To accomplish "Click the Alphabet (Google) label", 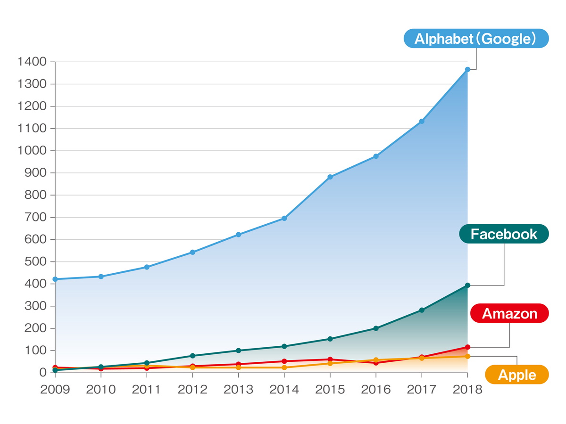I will point(476,39).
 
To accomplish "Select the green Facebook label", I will point(504,234).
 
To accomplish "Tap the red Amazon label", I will point(509,313).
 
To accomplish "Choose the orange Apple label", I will point(517,375).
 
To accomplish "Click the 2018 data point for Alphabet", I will point(467,70).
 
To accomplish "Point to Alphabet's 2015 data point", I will point(330,177).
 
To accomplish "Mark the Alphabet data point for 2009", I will point(55,279).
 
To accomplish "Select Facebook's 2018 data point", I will point(467,285).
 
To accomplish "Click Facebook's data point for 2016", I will point(376,328).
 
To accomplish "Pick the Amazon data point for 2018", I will point(467,347).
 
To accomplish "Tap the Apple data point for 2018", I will point(467,356).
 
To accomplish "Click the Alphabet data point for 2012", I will point(192,252).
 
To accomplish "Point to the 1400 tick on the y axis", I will point(32,62).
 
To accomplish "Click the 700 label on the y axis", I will point(36,217).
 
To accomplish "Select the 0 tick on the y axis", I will point(43,373).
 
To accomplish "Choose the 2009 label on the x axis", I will point(55,390).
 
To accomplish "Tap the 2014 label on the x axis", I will point(284,390).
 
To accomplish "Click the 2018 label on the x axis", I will point(467,390).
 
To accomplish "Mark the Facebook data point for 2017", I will point(422,310).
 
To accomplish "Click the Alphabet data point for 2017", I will point(422,122).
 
